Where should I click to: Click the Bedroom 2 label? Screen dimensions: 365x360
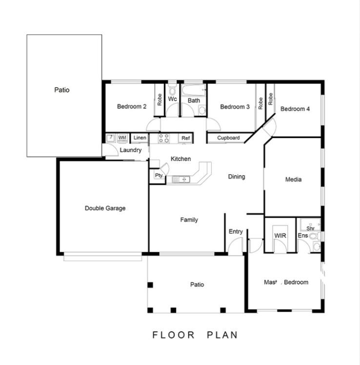(x=132, y=107)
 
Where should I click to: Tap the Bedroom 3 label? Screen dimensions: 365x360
(x=235, y=107)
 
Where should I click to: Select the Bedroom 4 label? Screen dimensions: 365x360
(x=295, y=109)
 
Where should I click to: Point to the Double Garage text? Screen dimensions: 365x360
(x=105, y=208)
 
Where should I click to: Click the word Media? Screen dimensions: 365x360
(x=293, y=180)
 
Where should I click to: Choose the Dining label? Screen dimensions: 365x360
(x=237, y=177)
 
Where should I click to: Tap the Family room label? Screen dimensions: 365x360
(x=189, y=220)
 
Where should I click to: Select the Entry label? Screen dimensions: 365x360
(x=236, y=232)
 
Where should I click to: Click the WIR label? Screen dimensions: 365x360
(x=280, y=236)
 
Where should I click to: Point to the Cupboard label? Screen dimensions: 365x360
(x=228, y=138)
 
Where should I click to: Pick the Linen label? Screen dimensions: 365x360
(x=140, y=138)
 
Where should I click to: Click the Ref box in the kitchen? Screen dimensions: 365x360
(x=185, y=139)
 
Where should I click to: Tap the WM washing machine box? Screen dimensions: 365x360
(x=122, y=138)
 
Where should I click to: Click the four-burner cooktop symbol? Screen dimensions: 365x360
(x=164, y=139)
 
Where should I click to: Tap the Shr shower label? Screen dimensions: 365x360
(x=310, y=228)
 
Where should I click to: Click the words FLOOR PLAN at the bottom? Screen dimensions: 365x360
(x=195, y=335)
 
